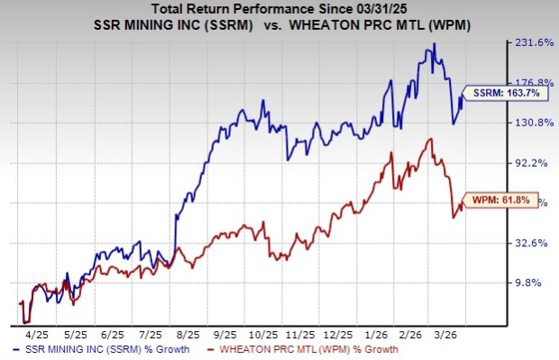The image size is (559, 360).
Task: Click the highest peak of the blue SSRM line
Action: click(x=435, y=43)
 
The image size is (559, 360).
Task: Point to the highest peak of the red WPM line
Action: click(x=432, y=139)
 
